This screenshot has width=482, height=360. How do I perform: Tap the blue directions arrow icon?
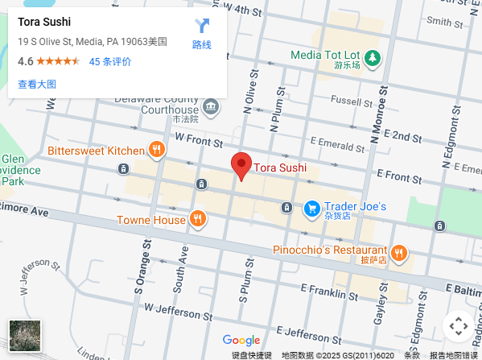[202, 26]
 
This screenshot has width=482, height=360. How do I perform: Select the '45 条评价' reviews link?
[110, 61]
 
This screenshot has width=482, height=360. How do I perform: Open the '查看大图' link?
[37, 84]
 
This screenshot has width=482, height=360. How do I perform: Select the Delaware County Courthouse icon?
[211, 106]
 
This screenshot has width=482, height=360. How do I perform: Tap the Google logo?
[241, 341]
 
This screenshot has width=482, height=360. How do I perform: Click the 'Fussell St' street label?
[348, 101]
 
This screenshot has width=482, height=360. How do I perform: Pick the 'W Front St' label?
[197, 139]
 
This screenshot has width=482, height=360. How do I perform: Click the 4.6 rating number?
[26, 61]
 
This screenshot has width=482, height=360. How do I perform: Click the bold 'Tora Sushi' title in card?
[45, 22]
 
